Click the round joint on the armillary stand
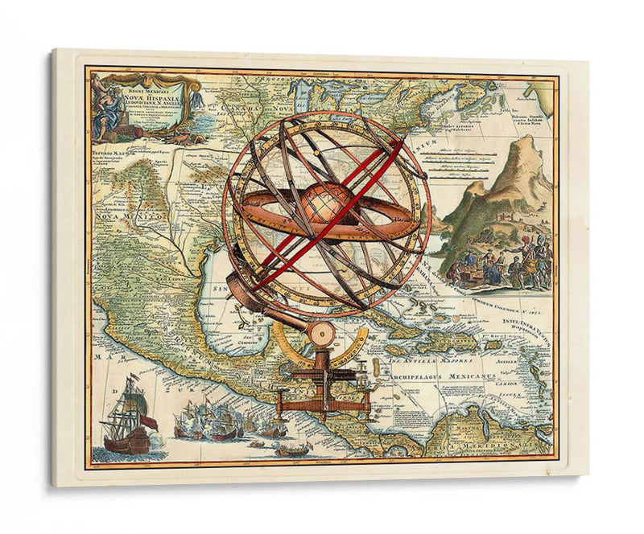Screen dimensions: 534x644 click(324, 333)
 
